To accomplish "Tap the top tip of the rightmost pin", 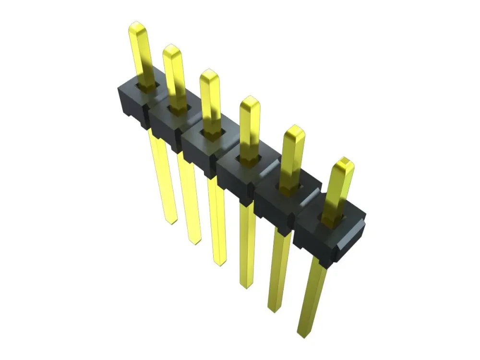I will [344, 160].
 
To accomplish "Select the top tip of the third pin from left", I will [209, 72].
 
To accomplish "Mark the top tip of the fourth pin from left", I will [250, 99].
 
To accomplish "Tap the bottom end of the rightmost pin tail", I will [303, 334].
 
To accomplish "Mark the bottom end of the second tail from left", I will [194, 241].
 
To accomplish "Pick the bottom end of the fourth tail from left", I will [246, 286].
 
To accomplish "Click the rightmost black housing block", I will [329, 235].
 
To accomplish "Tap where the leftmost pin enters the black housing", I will [147, 86].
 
